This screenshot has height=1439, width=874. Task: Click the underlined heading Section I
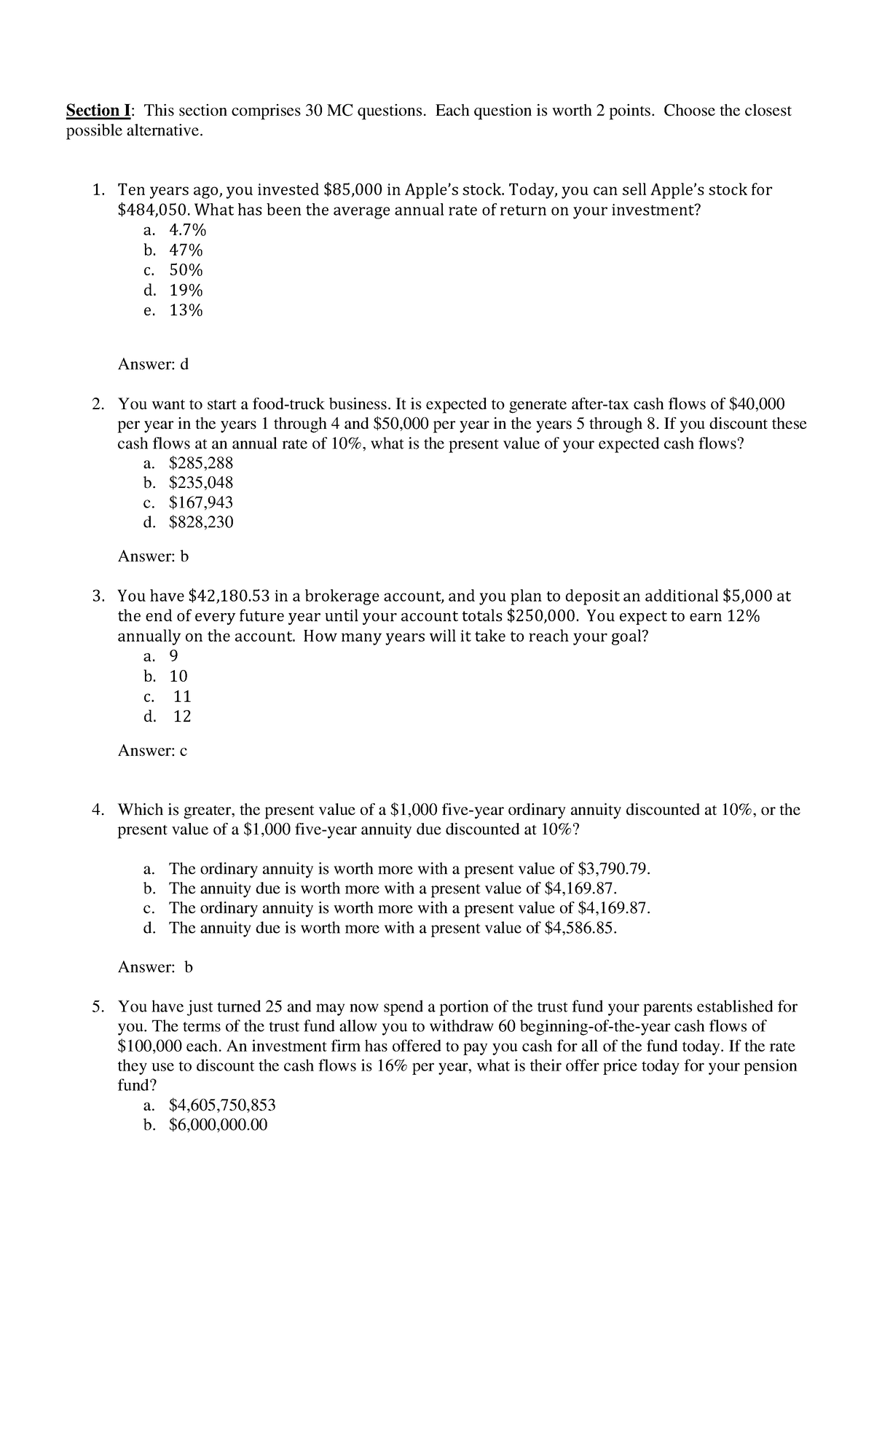[99, 111]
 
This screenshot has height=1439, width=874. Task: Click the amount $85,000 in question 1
[353, 190]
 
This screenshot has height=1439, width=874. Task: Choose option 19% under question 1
[186, 291]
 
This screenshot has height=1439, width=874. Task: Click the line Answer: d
[153, 364]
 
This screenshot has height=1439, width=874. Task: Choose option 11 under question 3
[182, 696]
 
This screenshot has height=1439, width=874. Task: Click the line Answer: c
[152, 751]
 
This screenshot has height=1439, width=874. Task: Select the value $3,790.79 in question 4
[611, 869]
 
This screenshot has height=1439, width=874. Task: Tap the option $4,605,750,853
[222, 1105]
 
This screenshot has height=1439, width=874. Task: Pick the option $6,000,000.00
[218, 1124]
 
